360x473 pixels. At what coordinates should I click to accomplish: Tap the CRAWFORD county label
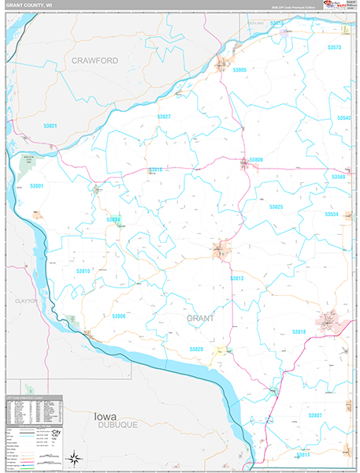click(95, 60)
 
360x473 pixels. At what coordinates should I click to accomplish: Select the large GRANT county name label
click(200, 318)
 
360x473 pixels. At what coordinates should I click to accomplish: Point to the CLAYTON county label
click(26, 301)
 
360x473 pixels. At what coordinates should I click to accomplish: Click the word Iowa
click(106, 415)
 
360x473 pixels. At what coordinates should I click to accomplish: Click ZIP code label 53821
click(51, 126)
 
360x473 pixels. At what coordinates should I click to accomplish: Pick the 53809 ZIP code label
click(256, 160)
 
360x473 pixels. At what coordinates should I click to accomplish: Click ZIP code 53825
click(276, 207)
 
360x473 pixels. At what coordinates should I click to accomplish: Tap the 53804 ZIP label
click(113, 219)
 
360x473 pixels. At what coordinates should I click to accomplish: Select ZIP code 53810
click(84, 271)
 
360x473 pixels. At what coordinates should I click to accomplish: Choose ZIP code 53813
click(237, 278)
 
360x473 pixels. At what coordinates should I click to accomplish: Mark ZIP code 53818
click(299, 332)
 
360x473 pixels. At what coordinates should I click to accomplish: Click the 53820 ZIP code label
click(196, 348)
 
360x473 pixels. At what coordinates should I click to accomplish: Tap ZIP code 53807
click(315, 415)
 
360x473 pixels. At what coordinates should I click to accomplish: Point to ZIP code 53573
click(334, 47)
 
